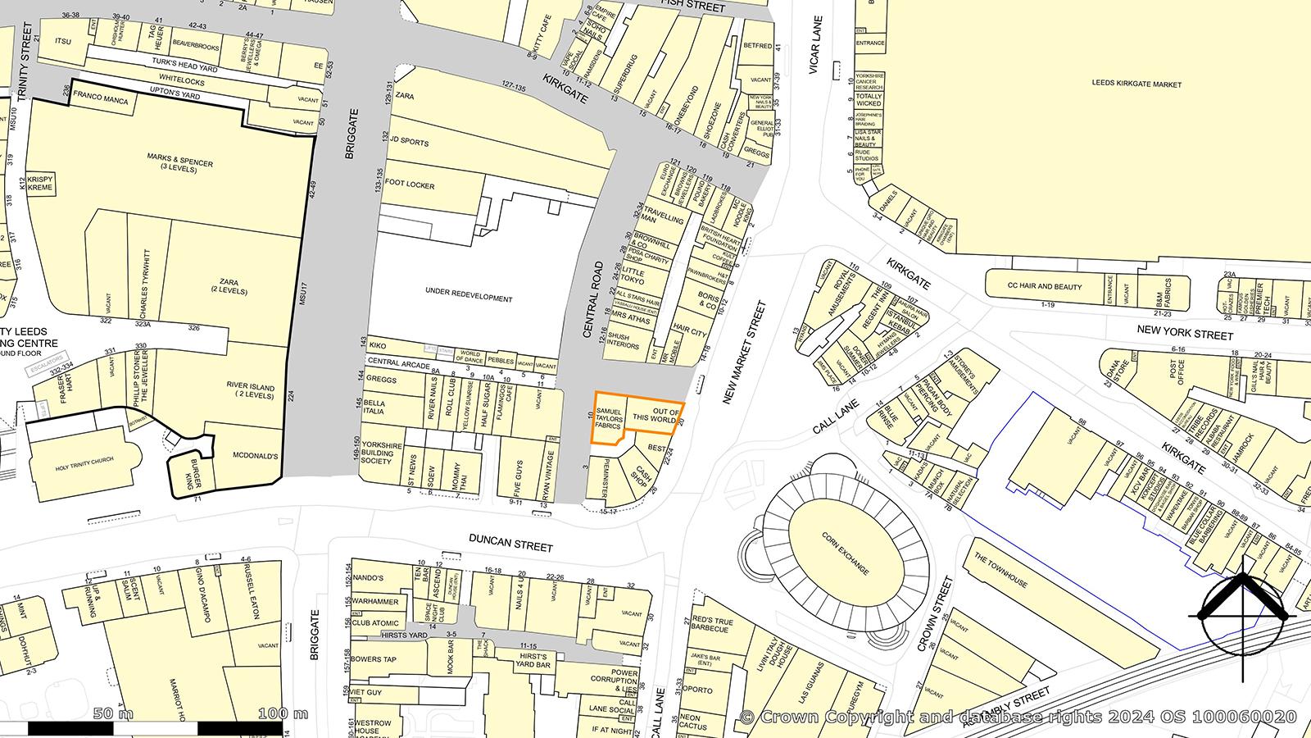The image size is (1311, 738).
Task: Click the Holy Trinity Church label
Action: (84, 467)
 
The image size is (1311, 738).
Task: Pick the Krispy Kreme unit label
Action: (39, 183)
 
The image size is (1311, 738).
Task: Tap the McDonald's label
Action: (256, 456)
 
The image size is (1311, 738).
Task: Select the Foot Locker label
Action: (410, 185)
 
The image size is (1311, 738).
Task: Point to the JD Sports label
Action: (410, 142)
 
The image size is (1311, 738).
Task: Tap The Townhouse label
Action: (1000, 570)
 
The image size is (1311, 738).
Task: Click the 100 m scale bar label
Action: (280, 713)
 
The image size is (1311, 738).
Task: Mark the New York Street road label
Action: (1185, 335)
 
